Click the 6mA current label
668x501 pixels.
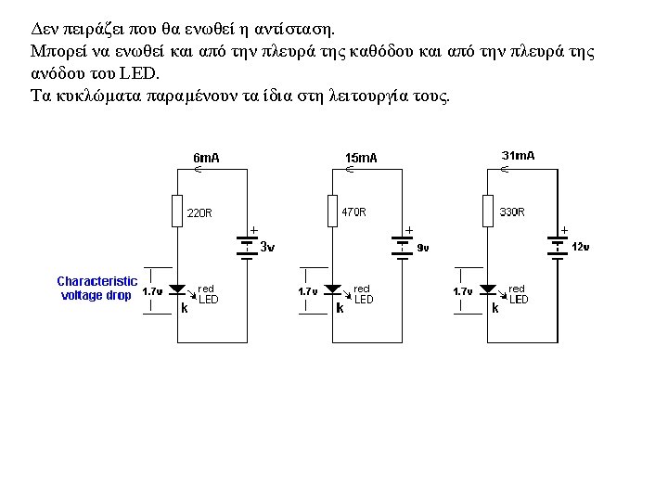206,158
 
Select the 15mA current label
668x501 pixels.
361,158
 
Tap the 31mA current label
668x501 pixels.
518,156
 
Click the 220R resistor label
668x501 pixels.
200,212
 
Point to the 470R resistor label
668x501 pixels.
353,212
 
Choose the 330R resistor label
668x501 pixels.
512,212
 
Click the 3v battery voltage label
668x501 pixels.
266,247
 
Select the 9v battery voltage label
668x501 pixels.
422,248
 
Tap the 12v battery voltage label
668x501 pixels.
581,247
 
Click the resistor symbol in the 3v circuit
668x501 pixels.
177,212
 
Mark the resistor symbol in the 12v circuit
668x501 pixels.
488,211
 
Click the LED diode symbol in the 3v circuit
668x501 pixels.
178,290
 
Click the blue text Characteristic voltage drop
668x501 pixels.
96,288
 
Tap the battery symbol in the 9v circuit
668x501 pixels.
402,245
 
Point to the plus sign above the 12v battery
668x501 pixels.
564,228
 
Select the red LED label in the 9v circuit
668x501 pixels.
363,294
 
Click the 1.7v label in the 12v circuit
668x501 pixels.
463,291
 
